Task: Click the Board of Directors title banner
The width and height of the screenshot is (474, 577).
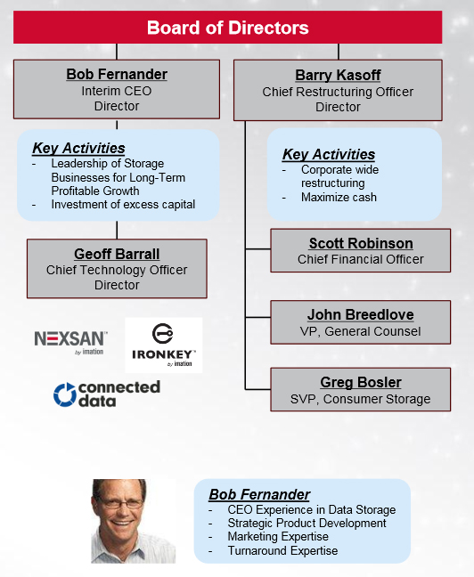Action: [227, 28]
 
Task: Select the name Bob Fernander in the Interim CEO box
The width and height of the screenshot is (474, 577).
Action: [117, 74]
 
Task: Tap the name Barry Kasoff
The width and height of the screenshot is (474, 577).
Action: [338, 75]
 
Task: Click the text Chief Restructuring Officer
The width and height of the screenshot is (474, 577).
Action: [338, 92]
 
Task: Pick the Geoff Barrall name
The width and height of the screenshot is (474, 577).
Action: [117, 254]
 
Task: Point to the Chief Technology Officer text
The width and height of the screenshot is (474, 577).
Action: [117, 270]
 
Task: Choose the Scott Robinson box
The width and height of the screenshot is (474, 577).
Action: [361, 250]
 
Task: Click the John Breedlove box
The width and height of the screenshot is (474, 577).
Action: [361, 322]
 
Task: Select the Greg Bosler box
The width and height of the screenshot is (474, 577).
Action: [361, 389]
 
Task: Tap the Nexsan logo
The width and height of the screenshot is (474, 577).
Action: [70, 342]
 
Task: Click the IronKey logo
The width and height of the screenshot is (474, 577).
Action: [164, 345]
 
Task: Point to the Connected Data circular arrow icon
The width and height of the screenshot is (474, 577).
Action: [65, 394]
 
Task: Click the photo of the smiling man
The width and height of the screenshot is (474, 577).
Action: [134, 521]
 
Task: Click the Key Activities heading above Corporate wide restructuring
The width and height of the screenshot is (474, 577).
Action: [329, 155]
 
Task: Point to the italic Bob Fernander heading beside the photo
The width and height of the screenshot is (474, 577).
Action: [259, 494]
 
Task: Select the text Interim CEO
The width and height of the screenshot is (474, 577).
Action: [117, 91]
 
